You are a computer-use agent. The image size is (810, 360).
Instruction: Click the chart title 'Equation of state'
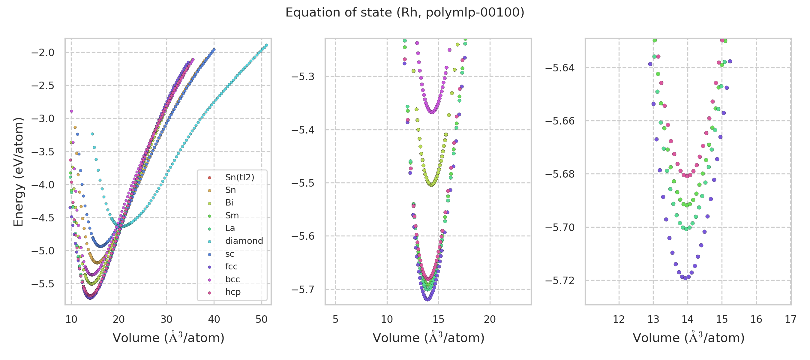[405, 13]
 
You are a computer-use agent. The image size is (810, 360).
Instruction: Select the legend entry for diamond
[244, 241]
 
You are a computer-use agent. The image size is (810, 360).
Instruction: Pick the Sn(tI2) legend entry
[240, 177]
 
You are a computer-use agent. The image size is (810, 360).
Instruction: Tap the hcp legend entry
[233, 292]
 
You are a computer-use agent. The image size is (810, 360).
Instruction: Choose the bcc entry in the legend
[232, 279]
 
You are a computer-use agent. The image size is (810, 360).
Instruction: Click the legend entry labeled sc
[229, 254]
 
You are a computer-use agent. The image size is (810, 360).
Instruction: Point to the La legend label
[230, 228]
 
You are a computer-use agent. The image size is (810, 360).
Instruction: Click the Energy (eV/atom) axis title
[18, 172]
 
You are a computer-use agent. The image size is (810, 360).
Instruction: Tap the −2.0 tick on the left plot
[43, 52]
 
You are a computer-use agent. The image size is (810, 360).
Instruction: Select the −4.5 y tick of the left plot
[43, 217]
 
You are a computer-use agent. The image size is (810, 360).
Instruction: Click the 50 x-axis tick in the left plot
[262, 319]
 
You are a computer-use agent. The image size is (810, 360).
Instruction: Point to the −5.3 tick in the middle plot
[303, 77]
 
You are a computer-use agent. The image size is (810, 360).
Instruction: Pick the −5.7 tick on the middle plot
[303, 289]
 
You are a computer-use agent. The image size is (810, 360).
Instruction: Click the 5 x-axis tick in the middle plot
[335, 319]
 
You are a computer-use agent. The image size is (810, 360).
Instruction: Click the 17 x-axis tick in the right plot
[790, 319]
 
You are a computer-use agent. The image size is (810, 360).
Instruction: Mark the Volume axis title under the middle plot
[428, 338]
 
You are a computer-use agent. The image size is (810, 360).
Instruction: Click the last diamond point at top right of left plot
[266, 45]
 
